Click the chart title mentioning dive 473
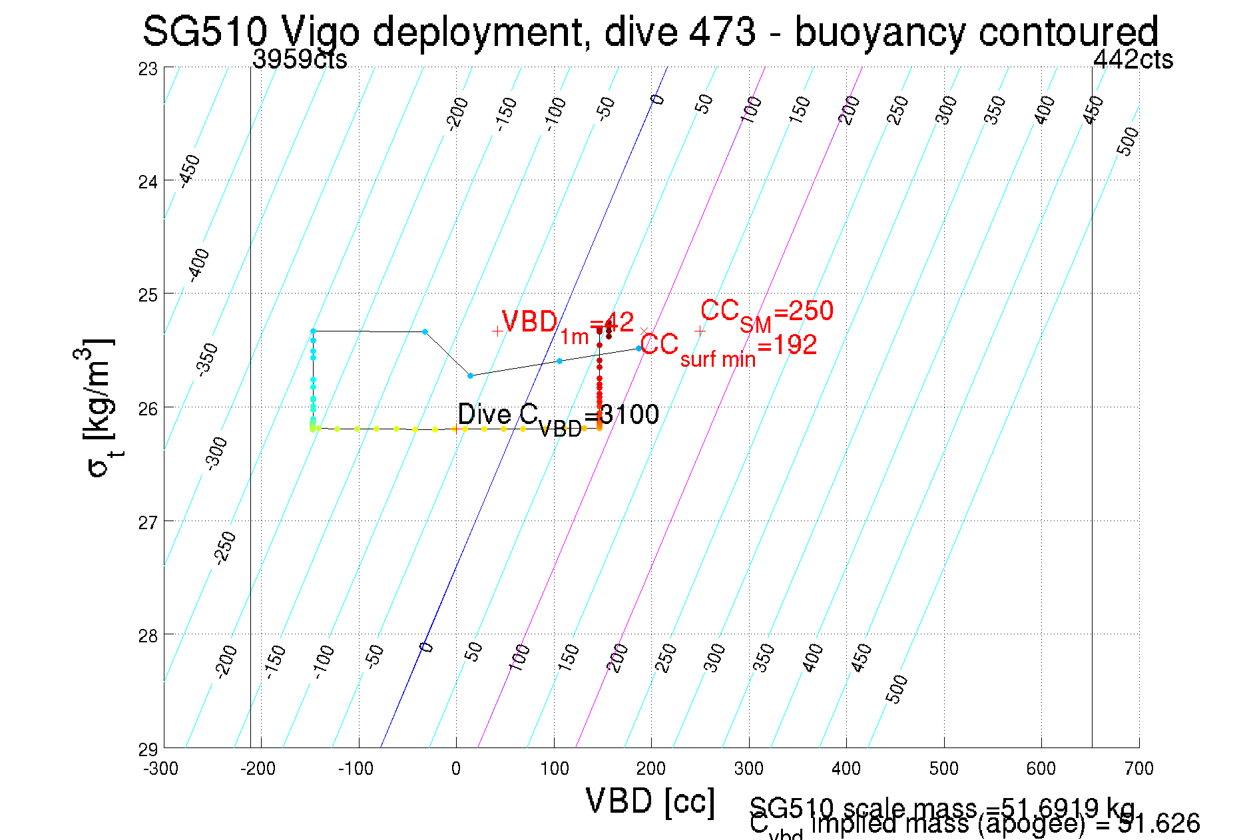pyautogui.click(x=650, y=31)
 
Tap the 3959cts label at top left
pyautogui.click(x=300, y=60)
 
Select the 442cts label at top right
pyautogui.click(x=1133, y=60)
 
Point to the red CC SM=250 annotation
pyautogui.click(x=766, y=312)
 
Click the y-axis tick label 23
pyautogui.click(x=148, y=69)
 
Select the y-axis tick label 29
pyautogui.click(x=148, y=749)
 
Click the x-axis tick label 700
pyautogui.click(x=1138, y=769)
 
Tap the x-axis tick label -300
pyautogui.click(x=161, y=769)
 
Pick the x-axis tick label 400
pyautogui.click(x=846, y=769)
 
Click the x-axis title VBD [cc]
pyautogui.click(x=650, y=801)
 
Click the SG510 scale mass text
pyautogui.click(x=941, y=808)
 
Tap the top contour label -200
pyautogui.click(x=457, y=113)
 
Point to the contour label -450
pyautogui.click(x=190, y=171)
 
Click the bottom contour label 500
pyautogui.click(x=897, y=689)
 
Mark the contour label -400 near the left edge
pyautogui.click(x=198, y=265)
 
